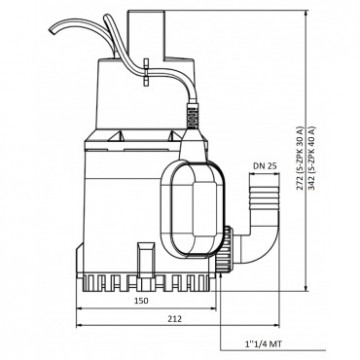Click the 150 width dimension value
pos(141,301)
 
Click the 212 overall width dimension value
pos(175,319)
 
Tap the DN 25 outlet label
pos(265,166)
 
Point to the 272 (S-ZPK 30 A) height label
pos(300,158)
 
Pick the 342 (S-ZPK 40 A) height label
pos(311,158)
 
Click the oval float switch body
pos(193,209)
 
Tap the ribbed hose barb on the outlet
pos(264,196)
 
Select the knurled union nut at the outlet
pos(224,249)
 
